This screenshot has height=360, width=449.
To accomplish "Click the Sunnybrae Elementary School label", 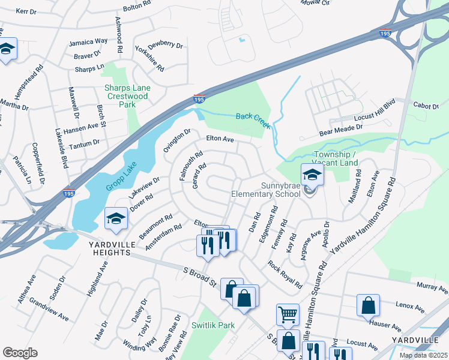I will [266, 190].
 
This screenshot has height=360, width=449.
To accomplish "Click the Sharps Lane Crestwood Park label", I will [127, 96].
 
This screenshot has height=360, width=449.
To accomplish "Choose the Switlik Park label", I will [212, 325].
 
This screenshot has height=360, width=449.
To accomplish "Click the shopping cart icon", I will [288, 314].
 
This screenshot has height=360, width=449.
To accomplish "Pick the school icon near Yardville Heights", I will [116, 220].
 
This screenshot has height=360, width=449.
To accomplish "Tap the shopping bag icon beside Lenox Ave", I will [368, 305].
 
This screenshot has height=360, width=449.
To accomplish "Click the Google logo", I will [20, 353].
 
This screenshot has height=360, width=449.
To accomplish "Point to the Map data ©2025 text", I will [423, 355].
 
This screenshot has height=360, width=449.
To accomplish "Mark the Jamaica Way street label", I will [88, 41].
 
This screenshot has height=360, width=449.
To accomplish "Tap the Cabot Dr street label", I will [426, 105].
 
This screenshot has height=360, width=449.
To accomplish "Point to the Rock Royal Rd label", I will [285, 273].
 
